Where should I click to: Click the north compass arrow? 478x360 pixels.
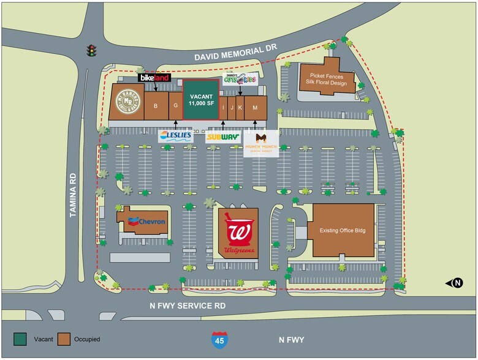coord(457,283)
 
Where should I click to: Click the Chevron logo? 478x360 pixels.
coord(145,221)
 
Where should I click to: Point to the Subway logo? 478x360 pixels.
coord(222,137)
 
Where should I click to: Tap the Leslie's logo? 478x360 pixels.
coord(175,136)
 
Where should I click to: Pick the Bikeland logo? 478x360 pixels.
coord(154,78)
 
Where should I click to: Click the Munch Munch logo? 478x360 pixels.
coord(260,143)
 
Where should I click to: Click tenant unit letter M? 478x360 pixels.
coord(255,108)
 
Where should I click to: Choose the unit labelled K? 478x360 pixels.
coord(240,108)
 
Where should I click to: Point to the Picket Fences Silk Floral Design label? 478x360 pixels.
coord(327,79)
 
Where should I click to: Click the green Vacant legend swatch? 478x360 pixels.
coord(21,339)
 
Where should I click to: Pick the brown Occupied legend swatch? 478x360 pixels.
coord(64,339)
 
